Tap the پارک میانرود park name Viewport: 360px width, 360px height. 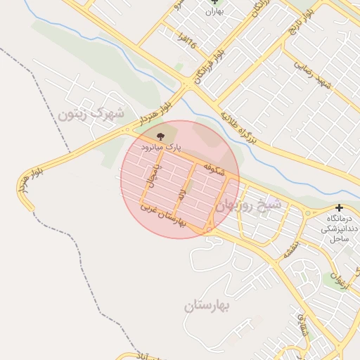click(x=161, y=147)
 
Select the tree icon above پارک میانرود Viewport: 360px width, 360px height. click(x=162, y=134)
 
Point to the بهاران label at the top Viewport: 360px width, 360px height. click(x=215, y=11)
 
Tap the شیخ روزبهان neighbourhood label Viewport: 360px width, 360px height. click(x=249, y=205)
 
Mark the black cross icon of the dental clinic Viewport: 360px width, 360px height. click(x=340, y=208)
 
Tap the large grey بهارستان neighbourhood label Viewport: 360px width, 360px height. click(x=208, y=306)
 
